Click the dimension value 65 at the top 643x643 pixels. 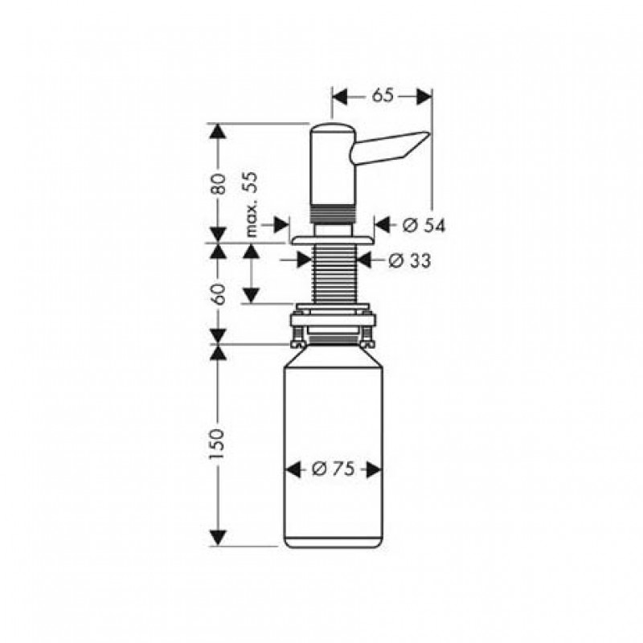coord(383,96)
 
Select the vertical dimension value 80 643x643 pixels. coord(218,184)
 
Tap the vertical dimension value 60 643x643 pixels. coord(218,293)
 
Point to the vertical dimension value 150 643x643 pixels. coord(217,444)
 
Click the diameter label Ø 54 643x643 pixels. coord(424,225)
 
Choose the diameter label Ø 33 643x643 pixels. coord(410,260)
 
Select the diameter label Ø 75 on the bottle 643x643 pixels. coord(333,469)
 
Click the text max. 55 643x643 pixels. coord(252,204)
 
